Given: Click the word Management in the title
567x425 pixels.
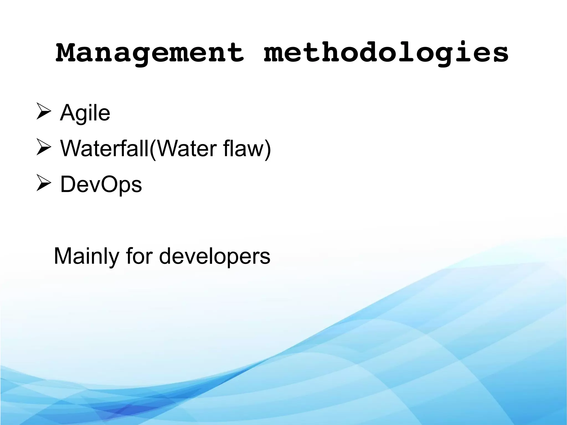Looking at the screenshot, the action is coord(150,53).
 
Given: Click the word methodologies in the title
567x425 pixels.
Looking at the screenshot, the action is coord(386,53).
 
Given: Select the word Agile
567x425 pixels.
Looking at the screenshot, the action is coord(85,113).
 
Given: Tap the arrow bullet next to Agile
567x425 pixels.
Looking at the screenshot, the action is coord(44,112).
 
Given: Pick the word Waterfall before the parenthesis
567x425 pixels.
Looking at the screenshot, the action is coord(104,148).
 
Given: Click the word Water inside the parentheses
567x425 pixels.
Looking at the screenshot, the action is coord(185,148).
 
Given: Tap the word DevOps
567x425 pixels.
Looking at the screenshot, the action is coord(101,184).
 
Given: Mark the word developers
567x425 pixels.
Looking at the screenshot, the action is coord(215,256).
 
